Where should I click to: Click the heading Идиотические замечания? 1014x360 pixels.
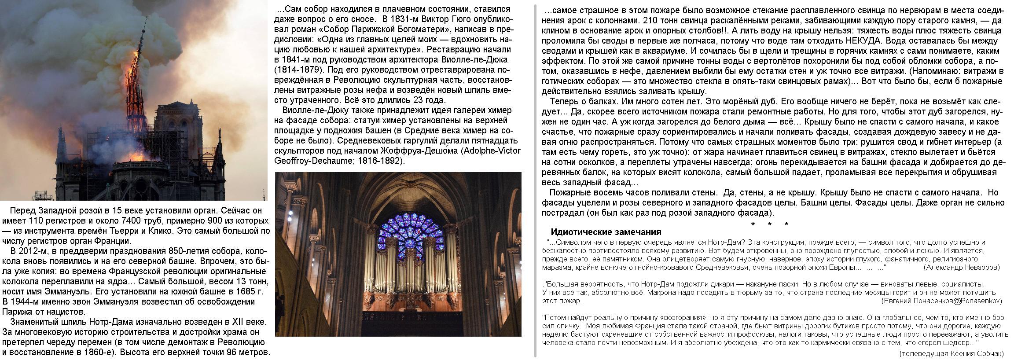point(606,232)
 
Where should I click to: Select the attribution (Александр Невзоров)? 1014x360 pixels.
point(961,267)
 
